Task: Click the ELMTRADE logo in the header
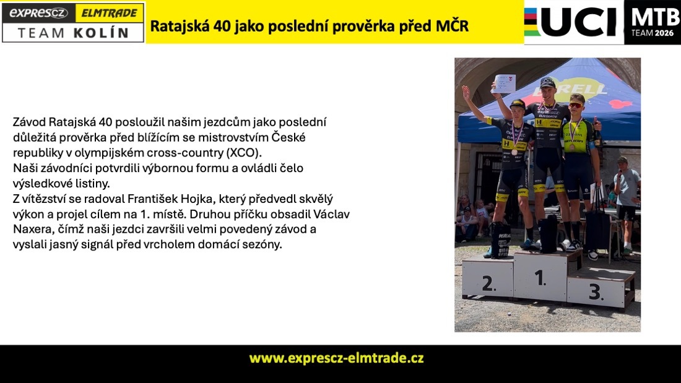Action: coord(109,13)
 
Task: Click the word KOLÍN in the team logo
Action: coord(101,33)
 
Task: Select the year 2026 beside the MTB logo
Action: coord(664,33)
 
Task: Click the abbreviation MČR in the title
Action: coord(452,26)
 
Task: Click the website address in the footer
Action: coord(337,358)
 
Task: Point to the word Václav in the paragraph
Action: coord(331,214)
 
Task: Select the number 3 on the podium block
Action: coord(596,292)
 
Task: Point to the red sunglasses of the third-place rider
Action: coord(576,106)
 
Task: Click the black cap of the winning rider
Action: coord(547,82)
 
